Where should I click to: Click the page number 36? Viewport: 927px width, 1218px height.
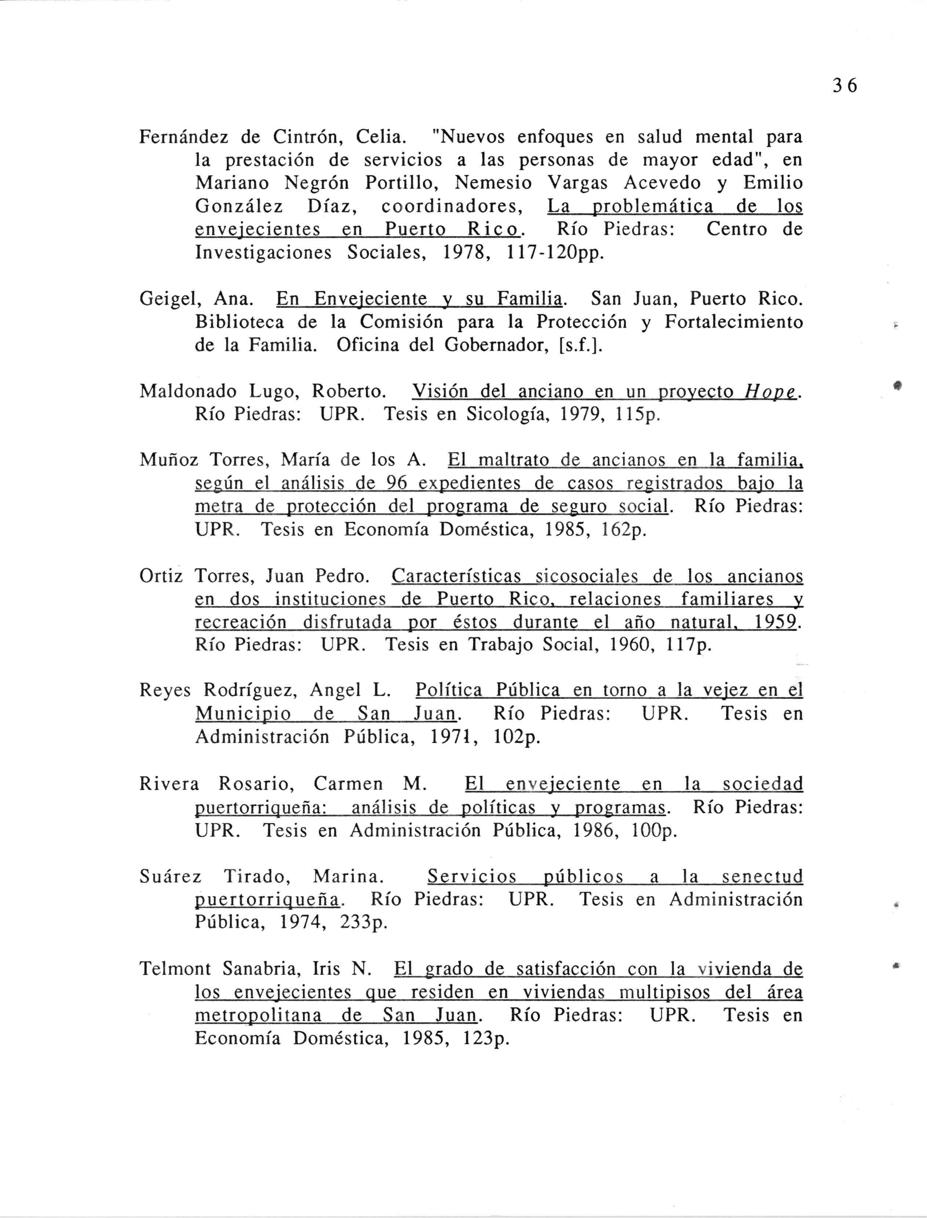tap(845, 86)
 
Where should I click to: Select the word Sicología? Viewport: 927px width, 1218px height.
tap(508, 415)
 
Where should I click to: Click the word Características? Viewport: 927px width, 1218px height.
tap(456, 577)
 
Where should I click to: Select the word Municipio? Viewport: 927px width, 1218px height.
tap(243, 715)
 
